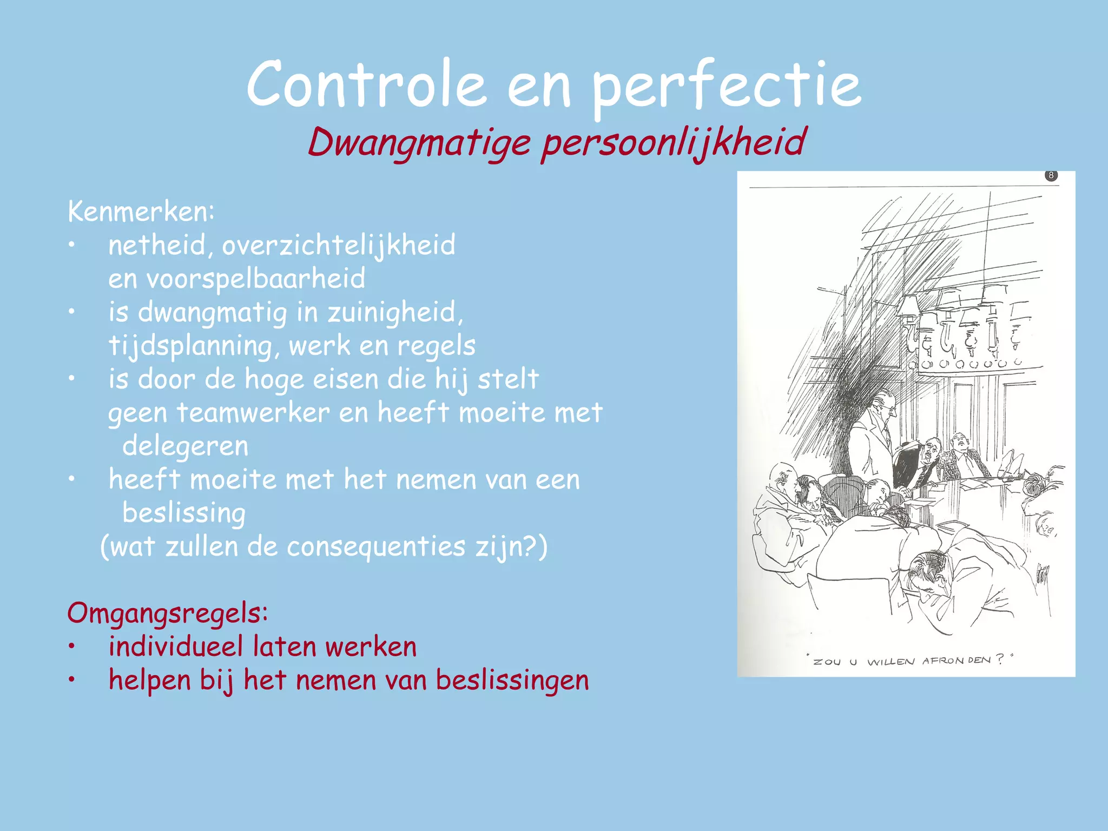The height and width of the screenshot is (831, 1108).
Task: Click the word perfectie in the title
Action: pyautogui.click(x=726, y=87)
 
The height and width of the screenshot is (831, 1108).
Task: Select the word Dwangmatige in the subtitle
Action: pyautogui.click(x=419, y=143)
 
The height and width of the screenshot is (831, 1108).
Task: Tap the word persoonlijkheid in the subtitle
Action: pyautogui.click(x=674, y=143)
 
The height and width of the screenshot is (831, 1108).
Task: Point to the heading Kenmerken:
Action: pyautogui.click(x=141, y=212)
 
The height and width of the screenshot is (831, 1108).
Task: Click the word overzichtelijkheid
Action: pyautogui.click(x=339, y=246)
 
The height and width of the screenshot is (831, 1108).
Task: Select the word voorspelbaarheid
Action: pyautogui.click(x=256, y=279)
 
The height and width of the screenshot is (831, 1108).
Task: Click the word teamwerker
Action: pyautogui.click(x=253, y=413)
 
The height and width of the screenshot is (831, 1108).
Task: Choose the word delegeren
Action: pyautogui.click(x=186, y=446)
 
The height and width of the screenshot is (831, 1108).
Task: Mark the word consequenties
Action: pyautogui.click(x=376, y=546)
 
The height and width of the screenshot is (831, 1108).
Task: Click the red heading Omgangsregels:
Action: pyautogui.click(x=168, y=614)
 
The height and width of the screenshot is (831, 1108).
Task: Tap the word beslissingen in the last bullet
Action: pyautogui.click(x=512, y=681)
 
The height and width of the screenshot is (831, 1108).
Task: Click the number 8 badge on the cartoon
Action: pyautogui.click(x=1051, y=175)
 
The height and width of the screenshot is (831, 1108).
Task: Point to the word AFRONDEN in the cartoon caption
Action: pyautogui.click(x=957, y=661)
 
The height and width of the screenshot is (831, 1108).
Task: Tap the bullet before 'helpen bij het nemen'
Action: pyautogui.click(x=71, y=681)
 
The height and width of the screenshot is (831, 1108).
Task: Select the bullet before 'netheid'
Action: pyautogui.click(x=71, y=246)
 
